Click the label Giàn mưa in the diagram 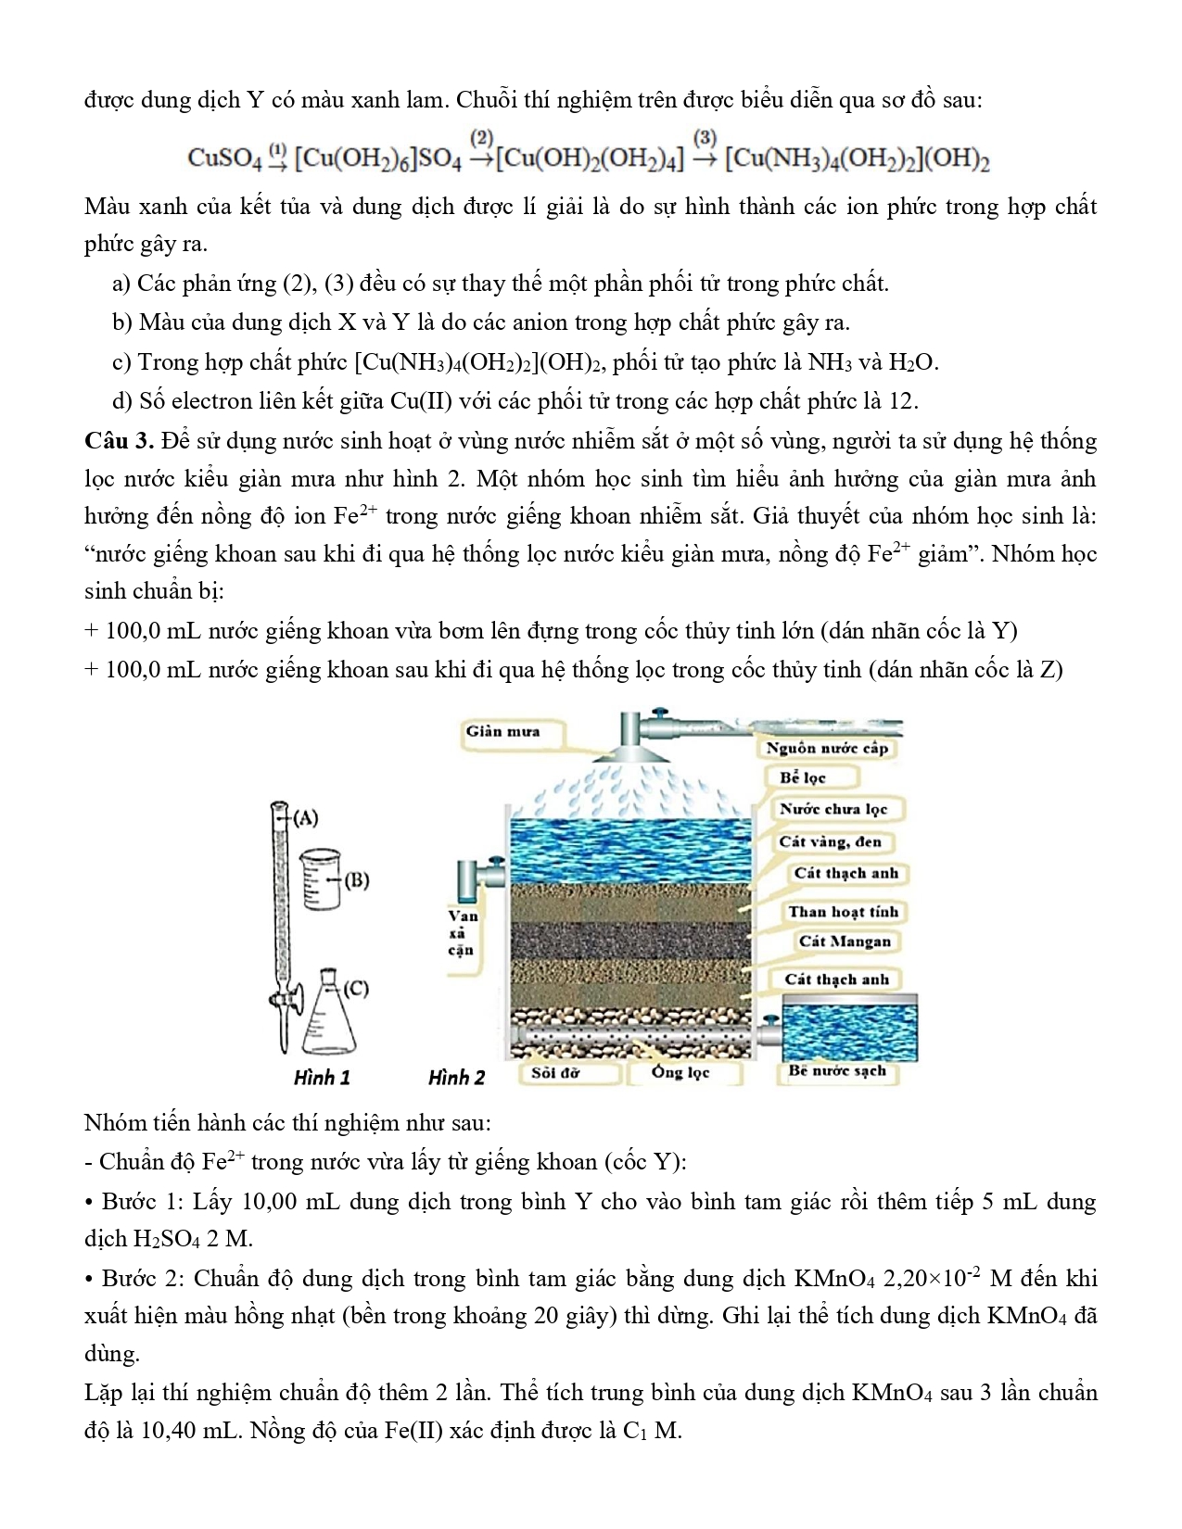pyautogui.click(x=503, y=731)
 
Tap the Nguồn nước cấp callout pyautogui.click(x=826, y=748)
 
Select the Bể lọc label pyautogui.click(x=802, y=777)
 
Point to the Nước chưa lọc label pyautogui.click(x=832, y=809)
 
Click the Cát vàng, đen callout pyautogui.click(x=830, y=841)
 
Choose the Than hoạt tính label pyautogui.click(x=843, y=911)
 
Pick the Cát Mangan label pyautogui.click(x=844, y=941)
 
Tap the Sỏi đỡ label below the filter pyautogui.click(x=555, y=1073)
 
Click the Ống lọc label pyautogui.click(x=680, y=1073)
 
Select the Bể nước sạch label pyautogui.click(x=836, y=1071)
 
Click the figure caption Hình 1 pyautogui.click(x=322, y=1078)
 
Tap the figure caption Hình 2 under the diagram pyautogui.click(x=456, y=1078)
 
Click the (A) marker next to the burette pyautogui.click(x=305, y=818)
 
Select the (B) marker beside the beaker pyautogui.click(x=357, y=880)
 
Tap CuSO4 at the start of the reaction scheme pyautogui.click(x=225, y=158)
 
